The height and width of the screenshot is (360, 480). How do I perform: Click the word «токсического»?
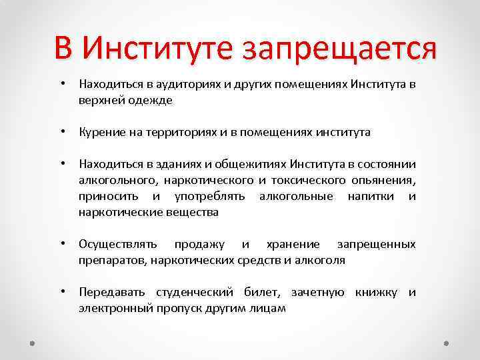point(308,181)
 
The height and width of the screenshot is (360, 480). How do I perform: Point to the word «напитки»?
point(371,197)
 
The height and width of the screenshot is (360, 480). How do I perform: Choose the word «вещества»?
point(193,213)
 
